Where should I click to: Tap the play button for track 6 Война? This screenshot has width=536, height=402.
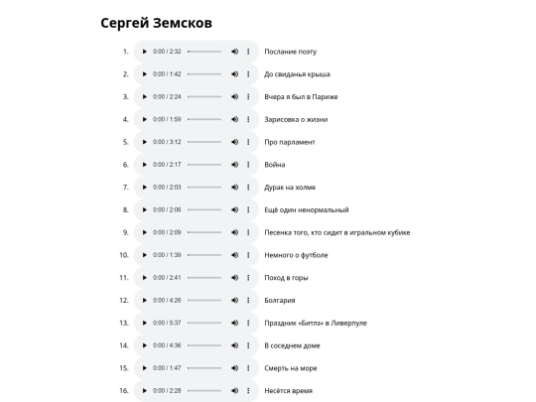pos(144,165)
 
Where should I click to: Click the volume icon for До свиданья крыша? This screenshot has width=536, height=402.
pos(234,74)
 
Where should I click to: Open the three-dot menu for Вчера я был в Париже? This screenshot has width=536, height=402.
pos(248,97)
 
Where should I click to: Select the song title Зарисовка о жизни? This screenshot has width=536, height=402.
pos(296,119)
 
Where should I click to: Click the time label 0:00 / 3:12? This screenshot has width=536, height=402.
pos(167,142)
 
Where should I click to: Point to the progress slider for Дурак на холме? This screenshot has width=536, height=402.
pos(204,188)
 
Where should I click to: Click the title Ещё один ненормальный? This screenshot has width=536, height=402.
pos(306,210)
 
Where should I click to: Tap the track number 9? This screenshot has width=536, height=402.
pos(126,232)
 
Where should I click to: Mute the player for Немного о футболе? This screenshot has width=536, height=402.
pos(234,255)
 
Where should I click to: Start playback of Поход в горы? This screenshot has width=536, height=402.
pos(144,278)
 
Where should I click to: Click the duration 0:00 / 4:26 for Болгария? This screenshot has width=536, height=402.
pos(167,301)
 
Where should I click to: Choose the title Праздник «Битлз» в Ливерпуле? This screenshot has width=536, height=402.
pos(315,324)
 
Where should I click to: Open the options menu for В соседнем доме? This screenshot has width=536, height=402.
pos(248,346)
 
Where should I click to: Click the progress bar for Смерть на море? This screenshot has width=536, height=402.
pos(204,368)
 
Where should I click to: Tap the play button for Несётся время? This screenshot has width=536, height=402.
pos(144,391)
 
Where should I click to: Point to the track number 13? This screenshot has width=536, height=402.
pos(125,324)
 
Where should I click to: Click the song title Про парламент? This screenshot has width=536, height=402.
pos(290,142)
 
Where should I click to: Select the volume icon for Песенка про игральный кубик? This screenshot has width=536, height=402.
pos(234,232)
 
